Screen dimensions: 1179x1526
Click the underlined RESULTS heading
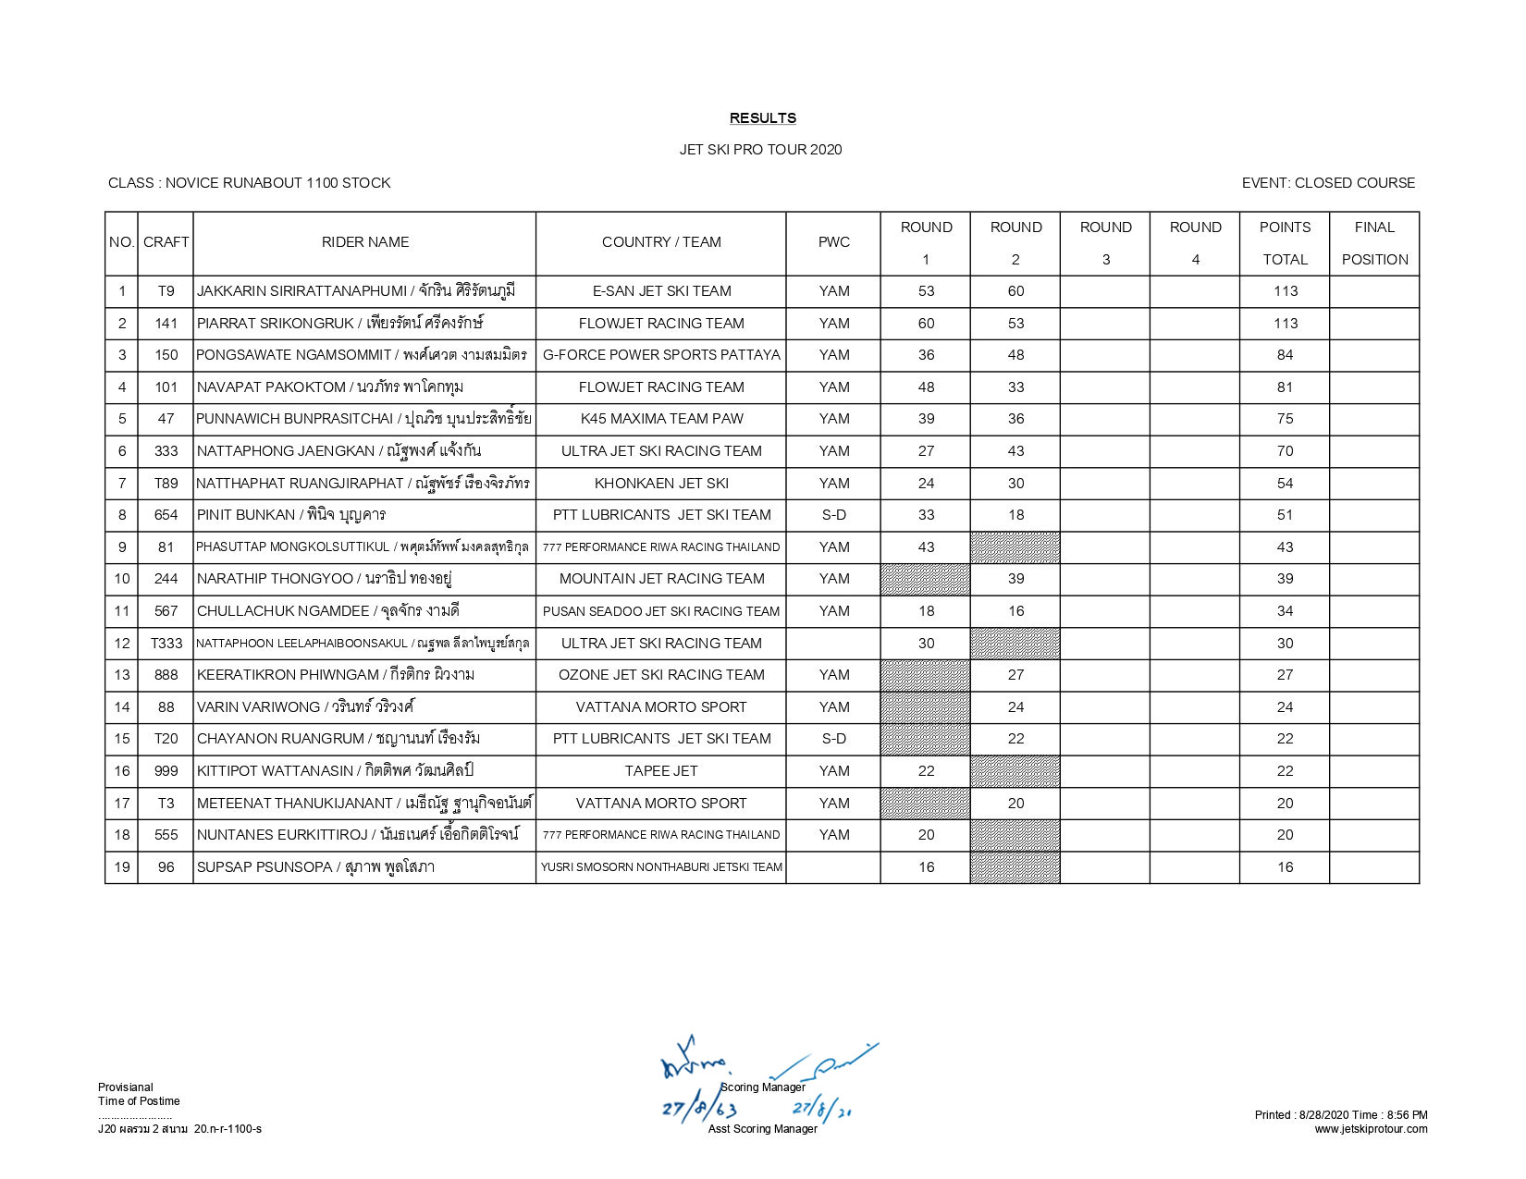click(762, 118)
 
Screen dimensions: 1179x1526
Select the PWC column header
click(833, 242)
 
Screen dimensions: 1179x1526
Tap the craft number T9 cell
click(166, 291)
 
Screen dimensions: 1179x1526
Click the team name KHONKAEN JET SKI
click(660, 484)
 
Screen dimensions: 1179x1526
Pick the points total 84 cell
click(1285, 355)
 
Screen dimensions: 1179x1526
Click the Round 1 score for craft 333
click(926, 451)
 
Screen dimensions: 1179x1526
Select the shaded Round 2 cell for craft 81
click(1015, 547)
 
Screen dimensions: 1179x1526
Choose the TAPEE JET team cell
click(660, 771)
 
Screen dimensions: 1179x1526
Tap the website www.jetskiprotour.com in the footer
click(1371, 1129)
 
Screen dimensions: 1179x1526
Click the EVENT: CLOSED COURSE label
click(1328, 183)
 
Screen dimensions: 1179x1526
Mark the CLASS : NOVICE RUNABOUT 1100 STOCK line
click(250, 183)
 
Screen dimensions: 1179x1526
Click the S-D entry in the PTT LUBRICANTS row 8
click(833, 515)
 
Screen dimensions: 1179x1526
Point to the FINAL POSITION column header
click(1374, 243)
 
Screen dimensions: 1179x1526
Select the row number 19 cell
click(122, 867)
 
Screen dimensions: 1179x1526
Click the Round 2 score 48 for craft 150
click(1015, 355)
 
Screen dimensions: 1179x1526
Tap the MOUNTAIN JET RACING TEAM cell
click(660, 579)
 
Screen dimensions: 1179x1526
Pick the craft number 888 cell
click(166, 675)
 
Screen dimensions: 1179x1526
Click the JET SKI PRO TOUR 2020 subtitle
click(760, 150)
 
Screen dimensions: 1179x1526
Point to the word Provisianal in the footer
click(126, 1087)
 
